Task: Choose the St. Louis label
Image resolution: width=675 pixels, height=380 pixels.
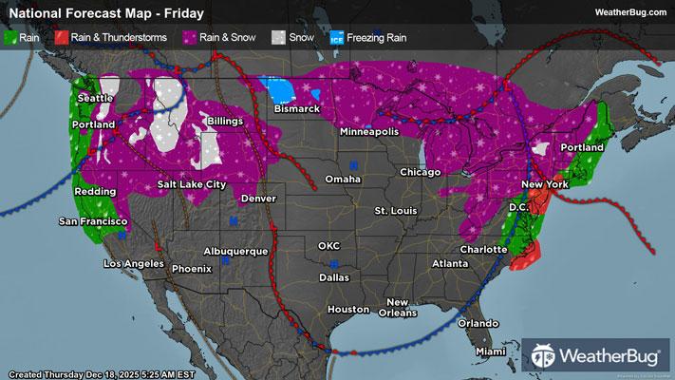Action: click(x=393, y=209)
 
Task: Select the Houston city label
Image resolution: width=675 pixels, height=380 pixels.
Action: click(x=347, y=310)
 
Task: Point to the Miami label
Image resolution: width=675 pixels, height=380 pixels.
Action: click(x=491, y=351)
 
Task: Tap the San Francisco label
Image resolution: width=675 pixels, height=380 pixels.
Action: click(x=93, y=221)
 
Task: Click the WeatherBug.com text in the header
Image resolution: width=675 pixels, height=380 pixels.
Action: click(x=628, y=12)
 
